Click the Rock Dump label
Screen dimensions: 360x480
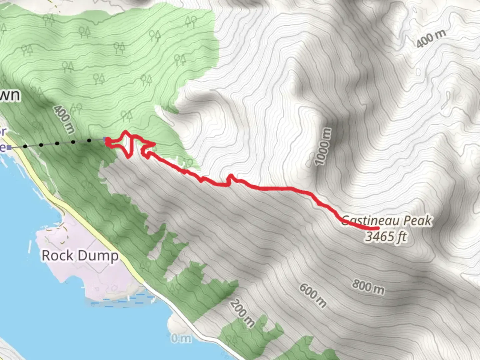click(x=80, y=256)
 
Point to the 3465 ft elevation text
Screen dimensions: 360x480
click(x=386, y=236)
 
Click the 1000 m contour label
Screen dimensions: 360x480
click(x=323, y=147)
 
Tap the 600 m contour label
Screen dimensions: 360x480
click(x=313, y=295)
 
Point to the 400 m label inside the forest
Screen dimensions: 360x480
click(x=63, y=119)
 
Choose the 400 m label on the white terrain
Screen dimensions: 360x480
click(x=431, y=39)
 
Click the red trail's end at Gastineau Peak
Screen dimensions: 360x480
click(x=378, y=228)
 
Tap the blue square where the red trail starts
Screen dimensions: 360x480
click(x=106, y=139)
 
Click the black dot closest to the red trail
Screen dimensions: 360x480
click(x=89, y=141)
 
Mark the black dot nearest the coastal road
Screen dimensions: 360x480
click(x=25, y=146)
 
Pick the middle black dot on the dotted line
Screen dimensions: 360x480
click(x=57, y=144)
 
